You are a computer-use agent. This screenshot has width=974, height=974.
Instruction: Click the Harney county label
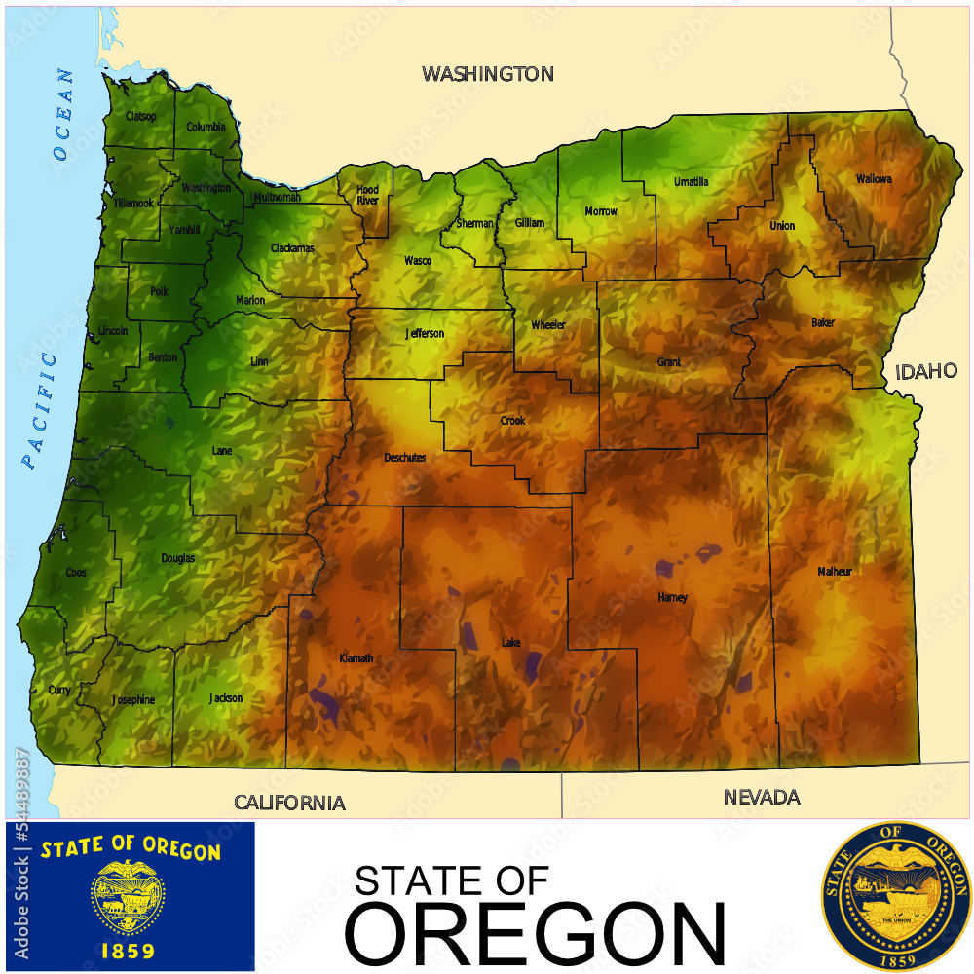pyautogui.click(x=672, y=597)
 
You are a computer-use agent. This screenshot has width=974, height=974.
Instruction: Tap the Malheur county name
pyautogui.click(x=835, y=572)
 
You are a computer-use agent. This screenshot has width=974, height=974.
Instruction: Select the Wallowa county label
pyautogui.click(x=874, y=179)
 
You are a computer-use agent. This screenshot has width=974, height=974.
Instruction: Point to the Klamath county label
pyautogui.click(x=356, y=658)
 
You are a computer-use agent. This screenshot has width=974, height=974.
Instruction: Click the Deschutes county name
pyautogui.click(x=405, y=457)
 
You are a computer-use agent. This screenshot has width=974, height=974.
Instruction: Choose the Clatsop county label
pyautogui.click(x=140, y=117)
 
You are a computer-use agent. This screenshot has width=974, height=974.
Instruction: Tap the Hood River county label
pyautogui.click(x=367, y=195)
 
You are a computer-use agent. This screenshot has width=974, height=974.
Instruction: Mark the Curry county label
pyautogui.click(x=58, y=690)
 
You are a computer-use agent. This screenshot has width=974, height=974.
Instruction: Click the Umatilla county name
pyautogui.click(x=692, y=182)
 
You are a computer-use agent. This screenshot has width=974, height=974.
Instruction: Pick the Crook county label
pyautogui.click(x=512, y=421)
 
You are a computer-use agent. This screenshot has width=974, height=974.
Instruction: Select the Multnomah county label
pyautogui.click(x=278, y=198)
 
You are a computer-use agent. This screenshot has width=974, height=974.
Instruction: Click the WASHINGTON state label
pyautogui.click(x=487, y=74)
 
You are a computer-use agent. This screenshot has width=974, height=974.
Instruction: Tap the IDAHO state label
pyautogui.click(x=926, y=371)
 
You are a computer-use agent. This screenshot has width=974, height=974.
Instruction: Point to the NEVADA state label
pyautogui.click(x=762, y=798)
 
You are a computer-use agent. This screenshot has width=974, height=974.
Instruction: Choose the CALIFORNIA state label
pyautogui.click(x=289, y=803)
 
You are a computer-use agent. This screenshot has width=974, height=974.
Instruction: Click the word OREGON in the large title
pyautogui.click(x=536, y=932)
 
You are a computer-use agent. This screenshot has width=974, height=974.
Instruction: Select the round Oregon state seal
pyautogui.click(x=896, y=896)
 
